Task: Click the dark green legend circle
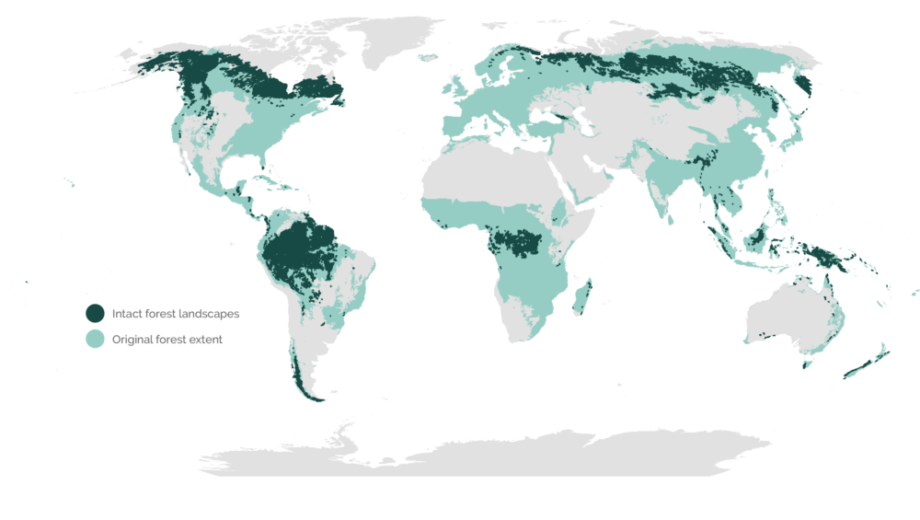(94, 314)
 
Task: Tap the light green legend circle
(94, 339)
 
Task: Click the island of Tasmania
(808, 363)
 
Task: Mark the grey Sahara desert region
(488, 175)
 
